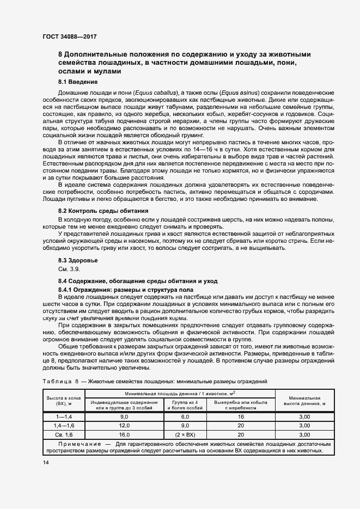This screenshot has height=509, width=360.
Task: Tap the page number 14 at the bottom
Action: tap(45, 462)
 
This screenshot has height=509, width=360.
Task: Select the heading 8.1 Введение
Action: tap(78, 82)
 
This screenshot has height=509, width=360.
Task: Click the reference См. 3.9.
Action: tap(69, 269)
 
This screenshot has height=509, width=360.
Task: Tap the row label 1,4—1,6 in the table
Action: tap(63, 425)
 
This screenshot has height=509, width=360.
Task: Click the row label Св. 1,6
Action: tap(63, 435)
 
